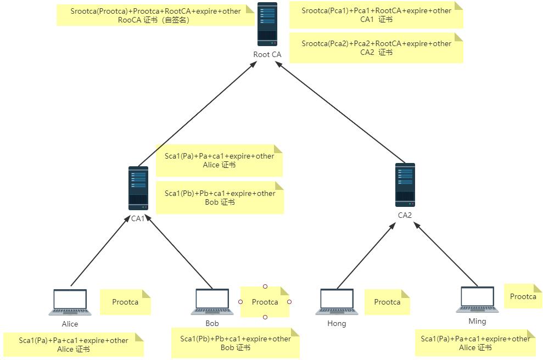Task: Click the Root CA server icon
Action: [267, 25]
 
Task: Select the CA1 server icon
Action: [138, 188]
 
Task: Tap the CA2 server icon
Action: [405, 185]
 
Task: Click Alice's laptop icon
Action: [70, 302]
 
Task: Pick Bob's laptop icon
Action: [212, 302]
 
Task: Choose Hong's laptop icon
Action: [337, 302]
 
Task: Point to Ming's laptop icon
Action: [477, 300]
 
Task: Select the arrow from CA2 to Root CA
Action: [340, 113]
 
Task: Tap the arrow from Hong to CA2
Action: [366, 256]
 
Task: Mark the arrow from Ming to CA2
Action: [446, 254]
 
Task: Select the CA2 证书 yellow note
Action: [376, 48]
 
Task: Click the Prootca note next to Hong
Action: [387, 302]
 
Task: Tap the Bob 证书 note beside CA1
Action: [220, 198]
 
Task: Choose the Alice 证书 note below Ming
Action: [475, 343]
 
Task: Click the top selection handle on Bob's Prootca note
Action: [265, 286]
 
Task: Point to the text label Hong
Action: [337, 324]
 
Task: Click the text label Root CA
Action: [267, 54]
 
